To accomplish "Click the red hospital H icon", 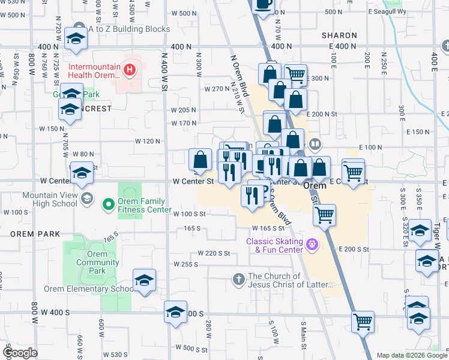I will (128, 71).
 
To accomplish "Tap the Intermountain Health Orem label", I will (95, 71).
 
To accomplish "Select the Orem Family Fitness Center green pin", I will (109, 205).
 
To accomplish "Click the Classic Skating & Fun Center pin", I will (312, 245).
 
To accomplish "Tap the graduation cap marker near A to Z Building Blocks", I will (76, 39).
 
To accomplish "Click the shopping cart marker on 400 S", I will (363, 322).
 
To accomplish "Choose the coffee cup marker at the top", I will (263, 4).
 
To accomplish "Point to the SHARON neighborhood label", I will (339, 35).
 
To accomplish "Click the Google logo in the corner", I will (19, 352).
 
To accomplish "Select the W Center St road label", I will (193, 180).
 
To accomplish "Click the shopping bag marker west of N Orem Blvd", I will (200, 160).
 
